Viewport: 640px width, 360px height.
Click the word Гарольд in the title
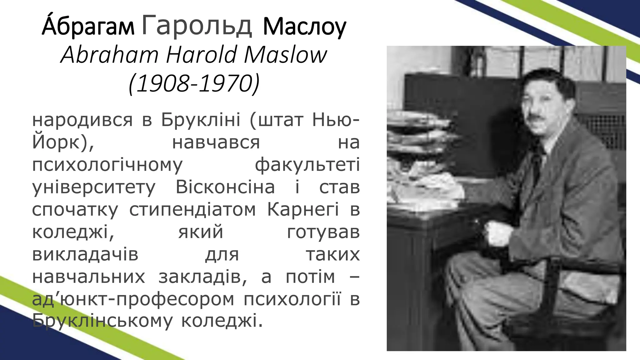click(197, 26)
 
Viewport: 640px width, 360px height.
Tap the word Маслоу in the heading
click(304, 27)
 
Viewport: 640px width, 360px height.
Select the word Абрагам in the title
click(88, 27)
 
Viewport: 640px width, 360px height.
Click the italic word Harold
click(201, 55)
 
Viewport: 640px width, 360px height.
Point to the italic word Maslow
click(285, 55)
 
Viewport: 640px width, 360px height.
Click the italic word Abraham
click(110, 55)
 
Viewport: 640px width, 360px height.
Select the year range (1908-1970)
click(194, 84)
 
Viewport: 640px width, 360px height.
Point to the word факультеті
click(307, 165)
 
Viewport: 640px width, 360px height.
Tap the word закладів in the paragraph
click(203, 277)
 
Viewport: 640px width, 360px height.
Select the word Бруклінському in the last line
click(102, 321)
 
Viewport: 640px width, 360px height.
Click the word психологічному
click(107, 165)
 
